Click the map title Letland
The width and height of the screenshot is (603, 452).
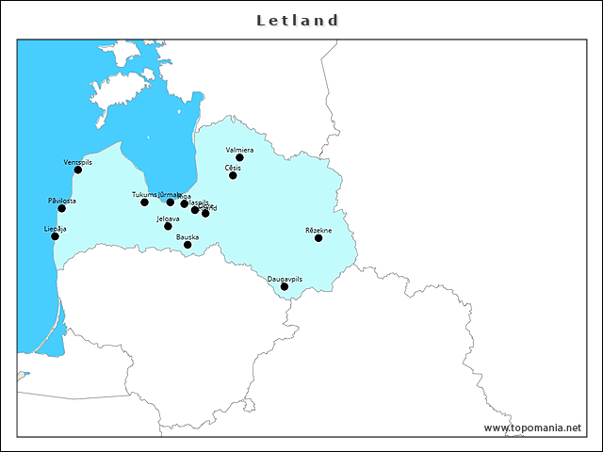pyautogui.click(x=299, y=20)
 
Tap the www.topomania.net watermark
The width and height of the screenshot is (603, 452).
pyautogui.click(x=532, y=428)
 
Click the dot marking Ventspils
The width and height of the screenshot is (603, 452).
pyautogui.click(x=78, y=169)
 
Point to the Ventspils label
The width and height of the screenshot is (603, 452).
pyautogui.click(x=78, y=162)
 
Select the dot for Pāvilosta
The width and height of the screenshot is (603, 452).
pyautogui.click(x=62, y=208)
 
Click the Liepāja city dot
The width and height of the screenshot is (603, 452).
pyautogui.click(x=55, y=236)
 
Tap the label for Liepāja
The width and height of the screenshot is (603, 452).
pyautogui.click(x=55, y=228)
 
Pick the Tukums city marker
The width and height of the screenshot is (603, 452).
pyautogui.click(x=144, y=202)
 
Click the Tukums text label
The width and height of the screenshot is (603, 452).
pyautogui.click(x=144, y=194)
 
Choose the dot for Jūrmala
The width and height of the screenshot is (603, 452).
pyautogui.click(x=171, y=202)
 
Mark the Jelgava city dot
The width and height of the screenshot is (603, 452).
pyautogui.click(x=168, y=226)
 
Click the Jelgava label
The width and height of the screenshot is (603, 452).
pyautogui.click(x=168, y=218)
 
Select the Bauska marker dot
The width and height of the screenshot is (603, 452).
pyautogui.click(x=187, y=245)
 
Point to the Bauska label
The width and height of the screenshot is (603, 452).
pyautogui.click(x=187, y=237)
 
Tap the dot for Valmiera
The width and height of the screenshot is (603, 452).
pyautogui.click(x=239, y=157)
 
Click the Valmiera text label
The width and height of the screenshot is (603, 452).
pyautogui.click(x=239, y=150)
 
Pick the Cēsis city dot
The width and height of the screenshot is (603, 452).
pyautogui.click(x=233, y=175)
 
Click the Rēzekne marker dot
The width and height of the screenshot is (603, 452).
pyautogui.click(x=318, y=238)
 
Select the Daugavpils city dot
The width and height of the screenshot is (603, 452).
pyautogui.click(x=285, y=287)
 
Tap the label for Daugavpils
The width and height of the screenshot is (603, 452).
pyautogui.click(x=285, y=279)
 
